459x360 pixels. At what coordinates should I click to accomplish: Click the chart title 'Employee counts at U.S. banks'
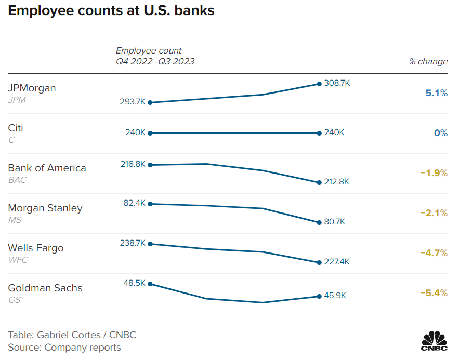(x=111, y=10)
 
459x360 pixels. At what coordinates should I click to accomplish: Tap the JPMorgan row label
(x=32, y=88)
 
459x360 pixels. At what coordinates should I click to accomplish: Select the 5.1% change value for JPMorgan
(x=436, y=93)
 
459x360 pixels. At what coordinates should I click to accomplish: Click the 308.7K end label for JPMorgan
(x=337, y=83)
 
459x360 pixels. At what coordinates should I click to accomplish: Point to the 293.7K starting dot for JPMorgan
(x=150, y=102)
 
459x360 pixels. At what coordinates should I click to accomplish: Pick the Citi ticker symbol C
(x=11, y=140)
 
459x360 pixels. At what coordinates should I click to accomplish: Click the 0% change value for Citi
(x=441, y=133)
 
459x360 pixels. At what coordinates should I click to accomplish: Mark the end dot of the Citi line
(x=319, y=133)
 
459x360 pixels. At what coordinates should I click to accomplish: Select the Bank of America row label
(x=47, y=168)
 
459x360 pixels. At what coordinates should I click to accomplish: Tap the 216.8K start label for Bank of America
(x=133, y=164)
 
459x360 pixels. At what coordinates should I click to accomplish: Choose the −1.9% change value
(x=434, y=173)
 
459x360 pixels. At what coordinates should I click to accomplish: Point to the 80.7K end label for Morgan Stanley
(x=334, y=222)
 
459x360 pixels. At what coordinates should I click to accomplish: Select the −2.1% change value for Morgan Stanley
(x=434, y=213)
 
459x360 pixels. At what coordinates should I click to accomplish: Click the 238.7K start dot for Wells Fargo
(x=150, y=244)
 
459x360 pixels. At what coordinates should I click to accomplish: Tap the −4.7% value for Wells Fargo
(x=434, y=253)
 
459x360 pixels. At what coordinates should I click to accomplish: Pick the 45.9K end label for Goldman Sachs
(x=335, y=295)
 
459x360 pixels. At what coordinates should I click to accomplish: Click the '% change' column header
(x=428, y=61)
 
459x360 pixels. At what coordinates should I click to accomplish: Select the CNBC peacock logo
(x=434, y=340)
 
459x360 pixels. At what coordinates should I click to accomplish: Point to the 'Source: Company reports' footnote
(x=64, y=348)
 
